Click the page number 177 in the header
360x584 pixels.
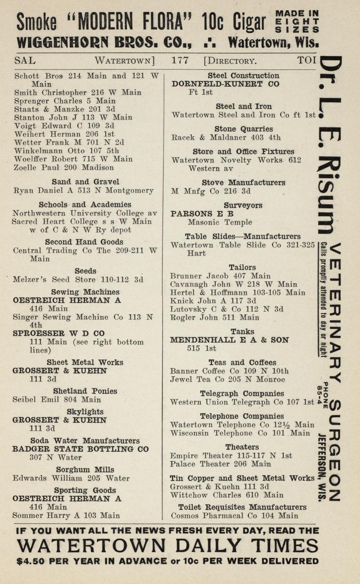pyautogui.click(x=180, y=60)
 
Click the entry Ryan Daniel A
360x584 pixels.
pyautogui.click(x=83, y=190)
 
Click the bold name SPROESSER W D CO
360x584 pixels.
pyautogui.click(x=58, y=333)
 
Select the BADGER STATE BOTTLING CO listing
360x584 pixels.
pyautogui.click(x=80, y=449)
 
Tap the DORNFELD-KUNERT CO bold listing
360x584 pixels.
pyautogui.click(x=225, y=84)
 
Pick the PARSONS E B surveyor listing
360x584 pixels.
pyautogui.click(x=202, y=214)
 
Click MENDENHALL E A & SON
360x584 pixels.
pyautogui.click(x=229, y=340)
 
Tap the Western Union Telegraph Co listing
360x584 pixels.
pyautogui.click(x=242, y=402)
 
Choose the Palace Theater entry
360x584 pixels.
pyautogui.click(x=220, y=464)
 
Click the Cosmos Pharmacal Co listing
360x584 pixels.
pyautogui.click(x=235, y=516)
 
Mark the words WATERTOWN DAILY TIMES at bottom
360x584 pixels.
pyautogui.click(x=168, y=545)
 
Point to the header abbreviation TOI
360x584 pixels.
pyautogui.click(x=307, y=60)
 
